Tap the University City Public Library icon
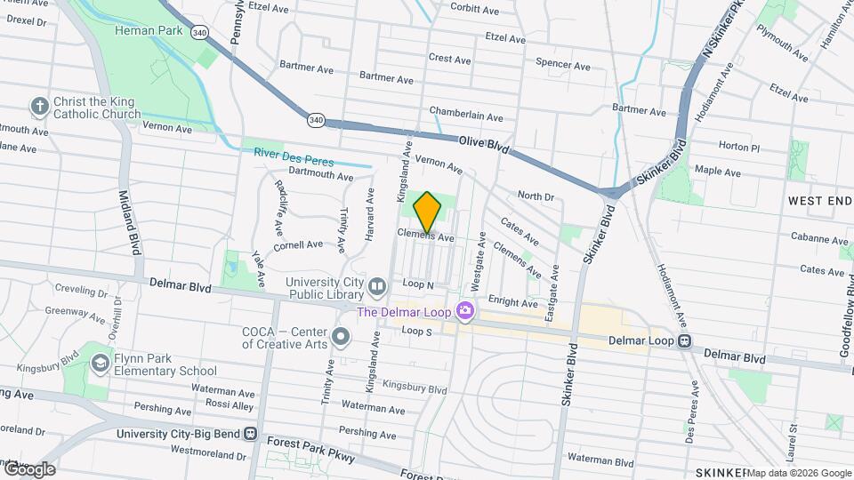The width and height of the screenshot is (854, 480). coord(377,286)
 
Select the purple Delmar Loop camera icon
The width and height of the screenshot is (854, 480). coord(463,311)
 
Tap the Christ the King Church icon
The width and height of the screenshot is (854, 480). coord(39,108)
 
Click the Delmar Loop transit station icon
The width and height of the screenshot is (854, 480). coord(684,340)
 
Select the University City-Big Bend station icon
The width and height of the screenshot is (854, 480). coord(252,435)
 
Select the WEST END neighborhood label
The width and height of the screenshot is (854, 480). coord(819,202)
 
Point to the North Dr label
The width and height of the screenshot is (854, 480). coord(536,196)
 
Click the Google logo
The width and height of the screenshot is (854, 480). coord(28,469)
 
